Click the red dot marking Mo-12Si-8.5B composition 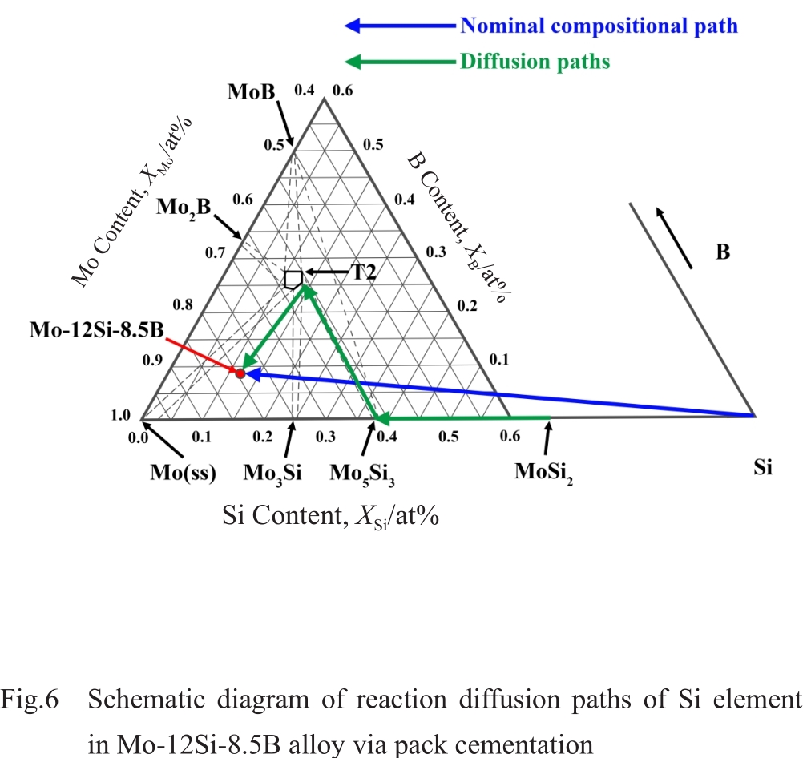tap(240, 373)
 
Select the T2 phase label tap(365, 272)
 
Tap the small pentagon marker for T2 tap(293, 280)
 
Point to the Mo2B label tap(184, 207)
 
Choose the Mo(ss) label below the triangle tap(184, 473)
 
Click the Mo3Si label tap(272, 474)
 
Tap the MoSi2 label tap(544, 472)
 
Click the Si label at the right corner tap(763, 467)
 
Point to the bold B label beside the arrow tap(723, 253)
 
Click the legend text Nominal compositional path tap(599, 26)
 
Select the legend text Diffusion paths tap(535, 62)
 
